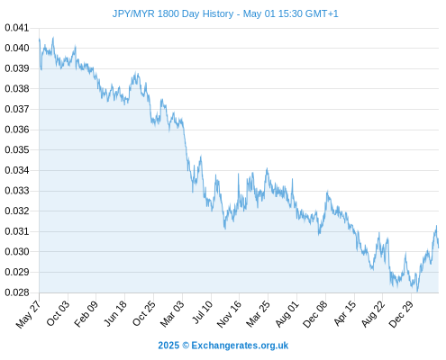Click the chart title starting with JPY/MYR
[225, 13]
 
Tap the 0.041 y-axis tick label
[17, 28]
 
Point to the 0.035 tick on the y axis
[17, 149]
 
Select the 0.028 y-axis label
[17, 292]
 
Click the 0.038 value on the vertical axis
[17, 89]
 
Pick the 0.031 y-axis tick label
[17, 231]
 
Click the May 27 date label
[29, 314]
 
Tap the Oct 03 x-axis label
[58, 313]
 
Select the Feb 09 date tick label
[86, 314]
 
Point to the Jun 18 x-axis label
[115, 313]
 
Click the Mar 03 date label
[172, 314]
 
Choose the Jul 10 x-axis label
[203, 312]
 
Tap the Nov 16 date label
[229, 314]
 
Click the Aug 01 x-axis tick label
[287, 314]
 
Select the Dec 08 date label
[315, 314]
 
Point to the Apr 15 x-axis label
[345, 313]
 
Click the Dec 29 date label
[401, 314]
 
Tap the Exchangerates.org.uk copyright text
[223, 346]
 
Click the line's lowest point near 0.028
[417, 291]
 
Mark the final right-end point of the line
[438, 247]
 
